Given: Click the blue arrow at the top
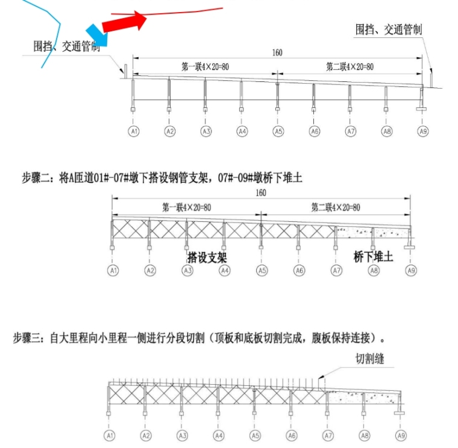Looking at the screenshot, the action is [x=98, y=36].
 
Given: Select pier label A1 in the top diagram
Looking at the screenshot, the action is [x=134, y=131].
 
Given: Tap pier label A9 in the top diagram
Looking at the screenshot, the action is [x=423, y=131].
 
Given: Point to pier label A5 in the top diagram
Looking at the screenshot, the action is [x=278, y=131].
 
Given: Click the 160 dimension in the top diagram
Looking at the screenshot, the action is [x=277, y=53].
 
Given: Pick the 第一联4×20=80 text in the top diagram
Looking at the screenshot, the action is [x=205, y=66].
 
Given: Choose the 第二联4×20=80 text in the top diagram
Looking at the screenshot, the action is [x=350, y=66].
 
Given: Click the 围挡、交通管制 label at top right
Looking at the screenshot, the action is [x=388, y=30].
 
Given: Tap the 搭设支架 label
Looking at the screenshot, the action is [x=207, y=257].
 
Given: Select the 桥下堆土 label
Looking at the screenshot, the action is [x=373, y=257].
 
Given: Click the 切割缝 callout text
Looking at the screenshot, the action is [x=369, y=359].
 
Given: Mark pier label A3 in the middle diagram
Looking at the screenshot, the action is [x=187, y=271].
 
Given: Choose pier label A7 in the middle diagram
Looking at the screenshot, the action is [x=336, y=271].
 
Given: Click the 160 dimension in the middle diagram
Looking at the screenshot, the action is [x=261, y=194].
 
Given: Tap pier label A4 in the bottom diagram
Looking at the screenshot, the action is [x=219, y=435].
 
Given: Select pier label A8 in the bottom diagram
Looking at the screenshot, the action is [x=364, y=435].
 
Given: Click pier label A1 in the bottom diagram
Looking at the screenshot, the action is [x=110, y=435].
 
